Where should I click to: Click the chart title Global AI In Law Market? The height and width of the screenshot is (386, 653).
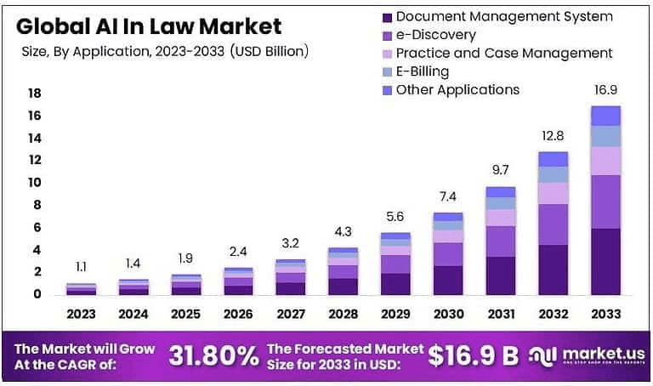point(150,25)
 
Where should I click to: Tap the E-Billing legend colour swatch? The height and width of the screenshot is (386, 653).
point(388,71)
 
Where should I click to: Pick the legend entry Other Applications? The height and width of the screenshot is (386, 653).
point(457,89)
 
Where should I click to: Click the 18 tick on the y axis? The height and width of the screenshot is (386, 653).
point(35,93)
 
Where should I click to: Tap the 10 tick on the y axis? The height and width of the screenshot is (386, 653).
point(35,183)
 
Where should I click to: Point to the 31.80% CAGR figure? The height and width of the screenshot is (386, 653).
point(214,356)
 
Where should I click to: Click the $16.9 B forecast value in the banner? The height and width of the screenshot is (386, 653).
point(473,356)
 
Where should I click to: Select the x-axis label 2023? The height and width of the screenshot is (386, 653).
point(82,314)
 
